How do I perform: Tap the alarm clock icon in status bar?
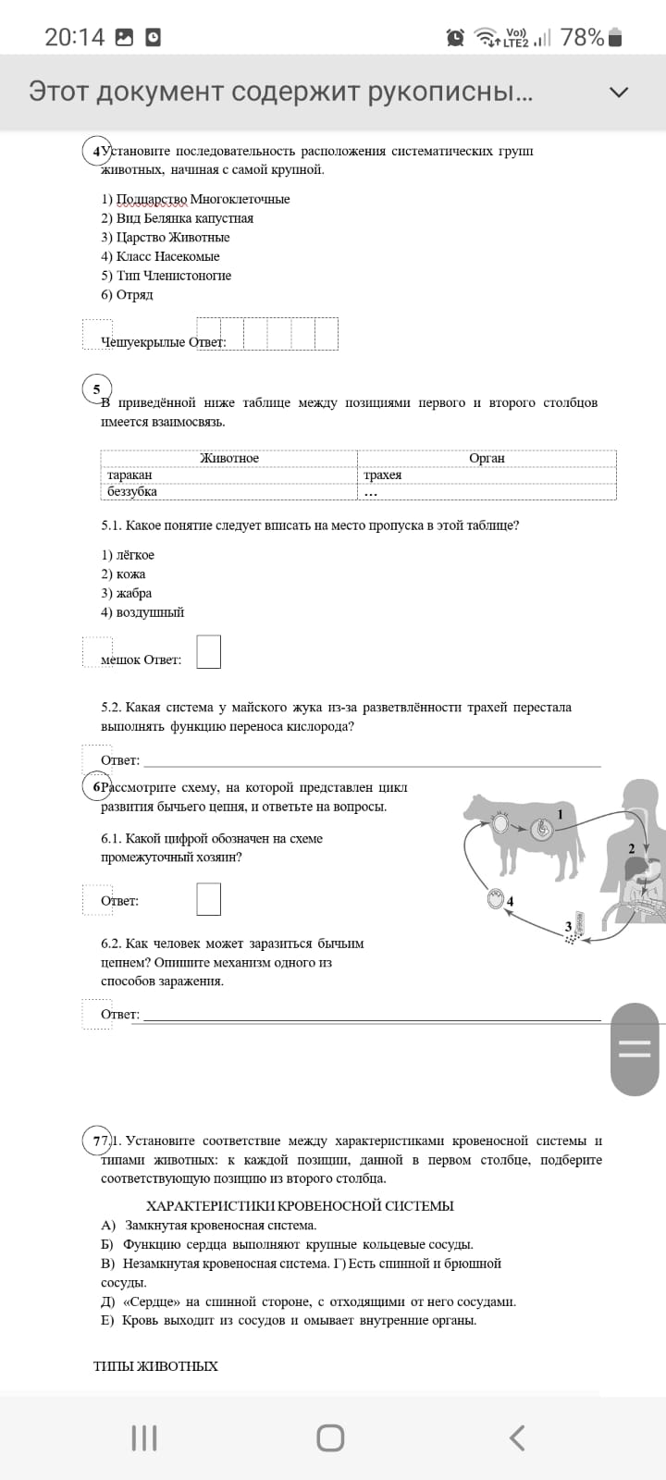[455, 37]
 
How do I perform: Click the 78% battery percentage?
[582, 37]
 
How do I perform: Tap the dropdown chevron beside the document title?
[619, 92]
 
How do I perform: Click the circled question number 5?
[96, 389]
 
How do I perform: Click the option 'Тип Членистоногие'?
[166, 276]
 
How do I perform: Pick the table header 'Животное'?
[229, 458]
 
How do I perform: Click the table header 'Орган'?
[487, 458]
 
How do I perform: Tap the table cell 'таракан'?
[129, 475]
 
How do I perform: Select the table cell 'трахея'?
[383, 475]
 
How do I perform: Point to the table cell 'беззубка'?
[132, 491]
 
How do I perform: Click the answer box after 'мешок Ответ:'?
[209, 651]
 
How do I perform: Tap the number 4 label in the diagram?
[510, 901]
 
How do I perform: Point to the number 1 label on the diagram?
[560, 814]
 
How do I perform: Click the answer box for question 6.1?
[209, 898]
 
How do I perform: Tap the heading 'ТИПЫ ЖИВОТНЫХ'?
[155, 1366]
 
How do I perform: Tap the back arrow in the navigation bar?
[517, 1437]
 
